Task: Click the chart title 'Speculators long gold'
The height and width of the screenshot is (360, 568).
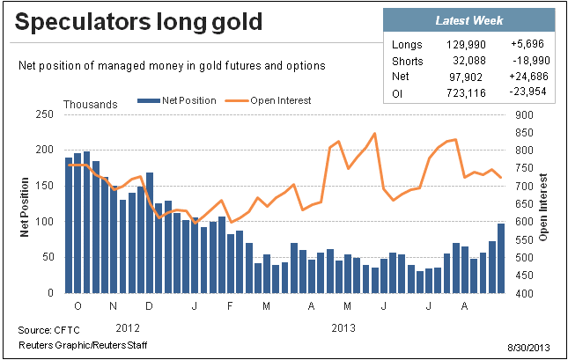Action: click(138, 22)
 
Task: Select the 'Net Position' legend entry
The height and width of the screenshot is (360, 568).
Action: click(177, 100)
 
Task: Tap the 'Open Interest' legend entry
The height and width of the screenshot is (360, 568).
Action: click(268, 100)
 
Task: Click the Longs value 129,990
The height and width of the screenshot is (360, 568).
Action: click(466, 45)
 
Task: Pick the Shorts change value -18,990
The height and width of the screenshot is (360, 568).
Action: click(531, 61)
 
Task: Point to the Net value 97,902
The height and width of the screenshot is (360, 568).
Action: click(466, 77)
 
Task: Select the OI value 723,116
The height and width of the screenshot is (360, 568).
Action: click(466, 93)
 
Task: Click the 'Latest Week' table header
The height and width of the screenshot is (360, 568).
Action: click(469, 20)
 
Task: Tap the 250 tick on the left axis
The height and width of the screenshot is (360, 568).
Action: click(45, 114)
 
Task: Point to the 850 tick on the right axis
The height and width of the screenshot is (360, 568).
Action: click(524, 133)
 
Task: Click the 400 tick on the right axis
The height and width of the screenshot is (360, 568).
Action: click(524, 293)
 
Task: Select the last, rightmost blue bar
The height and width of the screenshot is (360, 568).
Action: click(501, 258)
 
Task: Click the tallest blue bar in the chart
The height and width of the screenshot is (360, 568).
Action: click(86, 222)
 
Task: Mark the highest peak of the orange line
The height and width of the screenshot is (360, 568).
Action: click(375, 134)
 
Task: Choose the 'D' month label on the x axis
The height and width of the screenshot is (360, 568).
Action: click(149, 306)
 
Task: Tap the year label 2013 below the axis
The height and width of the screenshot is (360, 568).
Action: click(343, 328)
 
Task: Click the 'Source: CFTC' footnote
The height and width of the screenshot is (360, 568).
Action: click(49, 330)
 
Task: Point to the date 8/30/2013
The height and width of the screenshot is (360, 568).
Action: click(528, 348)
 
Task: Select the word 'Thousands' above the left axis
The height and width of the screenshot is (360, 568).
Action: click(91, 105)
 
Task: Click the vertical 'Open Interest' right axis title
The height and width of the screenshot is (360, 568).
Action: click(542, 207)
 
